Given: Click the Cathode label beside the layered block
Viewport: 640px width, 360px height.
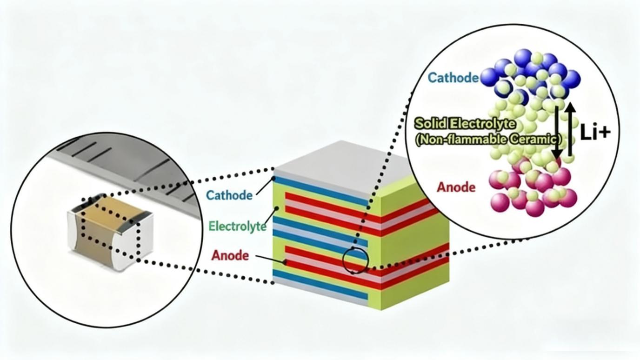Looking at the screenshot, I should pyautogui.click(x=229, y=195).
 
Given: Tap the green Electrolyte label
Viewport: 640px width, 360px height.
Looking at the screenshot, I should pyautogui.click(x=237, y=227).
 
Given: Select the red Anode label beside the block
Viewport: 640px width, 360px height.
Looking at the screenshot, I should pyautogui.click(x=230, y=255).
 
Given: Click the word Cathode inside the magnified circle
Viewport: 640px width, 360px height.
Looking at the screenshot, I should pyautogui.click(x=453, y=77).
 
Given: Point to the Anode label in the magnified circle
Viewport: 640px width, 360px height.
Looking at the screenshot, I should pyautogui.click(x=456, y=187).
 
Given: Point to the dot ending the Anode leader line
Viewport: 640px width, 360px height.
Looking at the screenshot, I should pyautogui.click(x=285, y=262).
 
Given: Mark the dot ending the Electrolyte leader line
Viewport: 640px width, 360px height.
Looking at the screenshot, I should pyautogui.click(x=278, y=208).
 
